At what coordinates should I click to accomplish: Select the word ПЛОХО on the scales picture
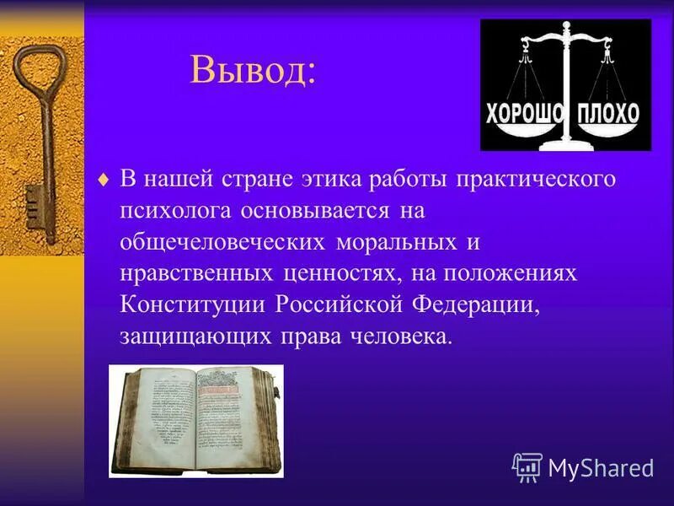tap(608, 114)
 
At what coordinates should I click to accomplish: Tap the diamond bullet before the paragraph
tap(104, 180)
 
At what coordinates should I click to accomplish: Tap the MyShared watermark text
tap(601, 466)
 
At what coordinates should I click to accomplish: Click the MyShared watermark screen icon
tap(527, 466)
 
